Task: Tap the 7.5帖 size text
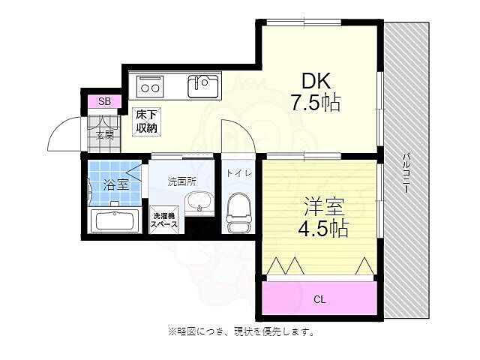point(315,103)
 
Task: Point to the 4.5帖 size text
point(322,228)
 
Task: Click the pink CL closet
point(319,298)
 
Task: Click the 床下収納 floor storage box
point(146,121)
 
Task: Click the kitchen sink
point(202,85)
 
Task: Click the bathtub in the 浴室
point(112,220)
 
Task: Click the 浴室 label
point(116,184)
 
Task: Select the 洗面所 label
point(181,181)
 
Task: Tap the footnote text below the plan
point(241,331)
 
